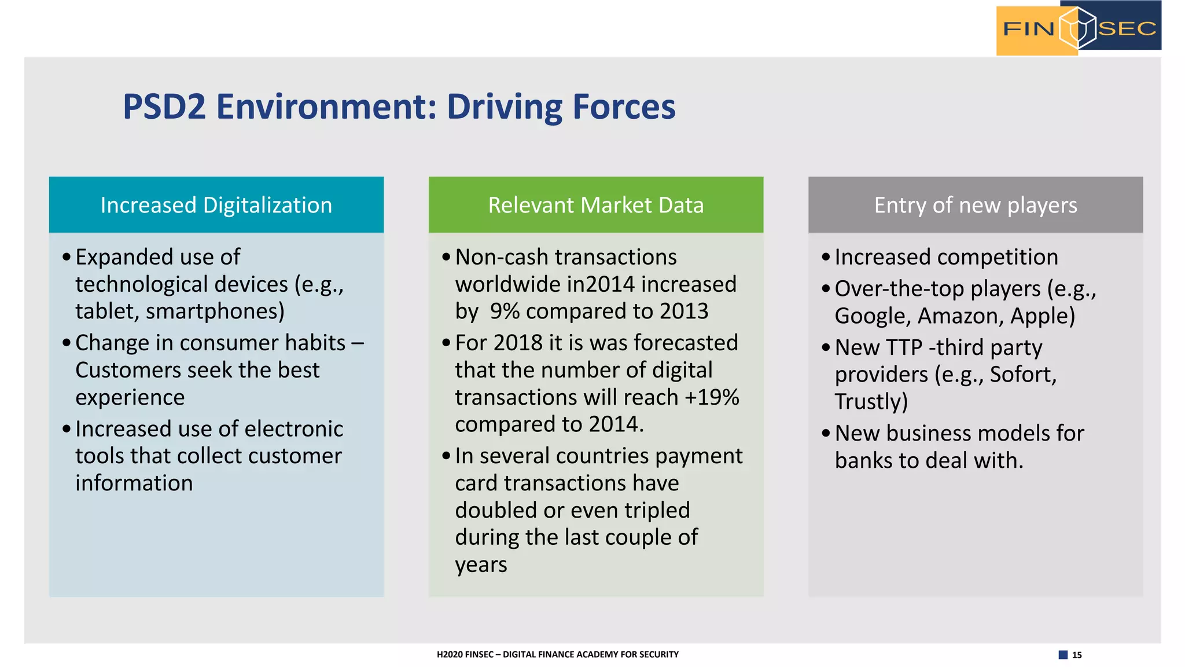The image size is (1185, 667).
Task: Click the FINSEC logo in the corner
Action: coord(1079,28)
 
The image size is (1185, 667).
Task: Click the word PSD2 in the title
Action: coord(164,107)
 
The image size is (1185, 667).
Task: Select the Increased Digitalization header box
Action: coord(216,205)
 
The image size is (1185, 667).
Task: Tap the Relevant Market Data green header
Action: coord(596,205)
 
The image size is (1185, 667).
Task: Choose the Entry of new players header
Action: coord(976,205)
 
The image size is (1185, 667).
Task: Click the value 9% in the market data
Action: coord(505,311)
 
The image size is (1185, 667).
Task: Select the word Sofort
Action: coord(1021,375)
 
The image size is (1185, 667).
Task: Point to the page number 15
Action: coord(1077,655)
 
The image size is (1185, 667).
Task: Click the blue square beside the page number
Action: coord(1063,655)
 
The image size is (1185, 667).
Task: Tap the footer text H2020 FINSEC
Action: coord(465,654)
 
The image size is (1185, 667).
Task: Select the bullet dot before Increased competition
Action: coord(826,257)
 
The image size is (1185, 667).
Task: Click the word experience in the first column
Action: coord(130,397)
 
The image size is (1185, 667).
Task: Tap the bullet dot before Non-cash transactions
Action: coord(446,257)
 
